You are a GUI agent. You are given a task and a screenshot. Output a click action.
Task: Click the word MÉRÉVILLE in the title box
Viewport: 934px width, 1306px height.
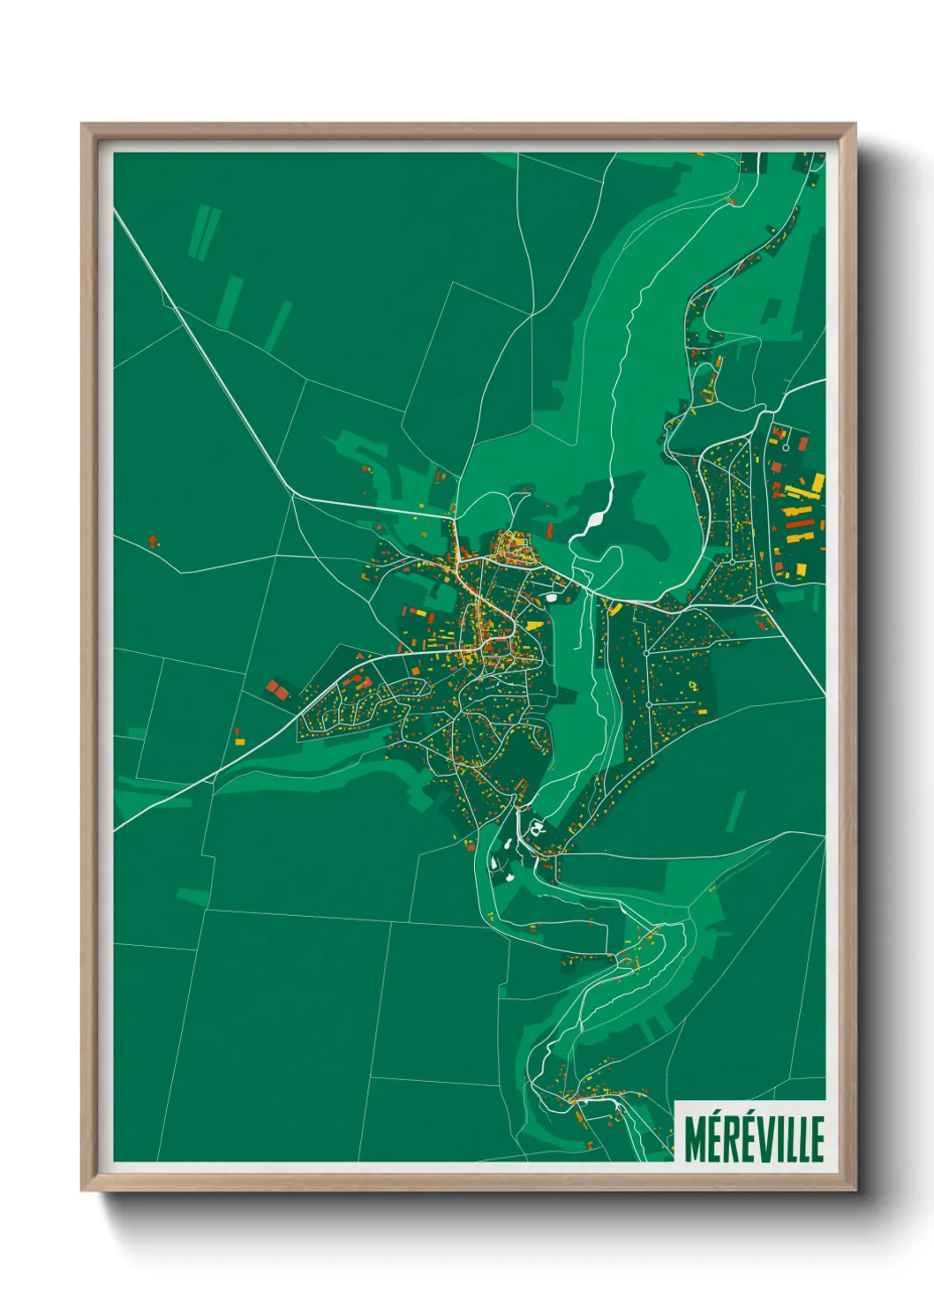click(x=754, y=1138)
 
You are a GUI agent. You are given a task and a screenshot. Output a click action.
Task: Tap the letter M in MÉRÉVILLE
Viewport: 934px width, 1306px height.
click(x=695, y=1139)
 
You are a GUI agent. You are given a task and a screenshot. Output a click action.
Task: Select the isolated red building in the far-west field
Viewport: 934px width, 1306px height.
click(x=154, y=539)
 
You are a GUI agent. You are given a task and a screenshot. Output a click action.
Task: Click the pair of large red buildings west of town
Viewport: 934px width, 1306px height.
click(x=277, y=690)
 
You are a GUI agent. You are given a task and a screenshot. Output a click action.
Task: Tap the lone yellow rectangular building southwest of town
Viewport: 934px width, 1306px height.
click(x=239, y=742)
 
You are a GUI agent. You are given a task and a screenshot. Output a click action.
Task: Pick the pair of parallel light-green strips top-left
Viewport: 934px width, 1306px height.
click(x=203, y=232)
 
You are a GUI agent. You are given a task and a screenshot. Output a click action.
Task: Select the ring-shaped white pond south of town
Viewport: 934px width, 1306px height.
click(x=536, y=828)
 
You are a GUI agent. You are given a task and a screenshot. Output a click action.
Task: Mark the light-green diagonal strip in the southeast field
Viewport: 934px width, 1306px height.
click(x=735, y=810)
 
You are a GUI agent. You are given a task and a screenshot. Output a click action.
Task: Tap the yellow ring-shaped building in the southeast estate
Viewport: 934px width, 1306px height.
click(x=694, y=685)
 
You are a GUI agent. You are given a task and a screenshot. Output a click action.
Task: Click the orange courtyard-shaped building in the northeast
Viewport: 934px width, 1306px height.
click(x=780, y=433)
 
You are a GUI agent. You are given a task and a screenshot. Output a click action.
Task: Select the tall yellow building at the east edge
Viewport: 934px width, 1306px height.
click(x=817, y=484)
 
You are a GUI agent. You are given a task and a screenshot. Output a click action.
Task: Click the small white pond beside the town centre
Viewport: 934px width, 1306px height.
click(x=553, y=597)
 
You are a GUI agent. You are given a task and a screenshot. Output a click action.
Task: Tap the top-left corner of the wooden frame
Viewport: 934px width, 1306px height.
click(x=82, y=124)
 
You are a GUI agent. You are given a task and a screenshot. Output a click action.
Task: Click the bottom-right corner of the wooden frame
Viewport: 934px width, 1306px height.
click(x=855, y=1190)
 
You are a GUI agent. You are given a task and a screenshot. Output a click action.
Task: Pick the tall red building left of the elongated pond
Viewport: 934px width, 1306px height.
click(x=550, y=530)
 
